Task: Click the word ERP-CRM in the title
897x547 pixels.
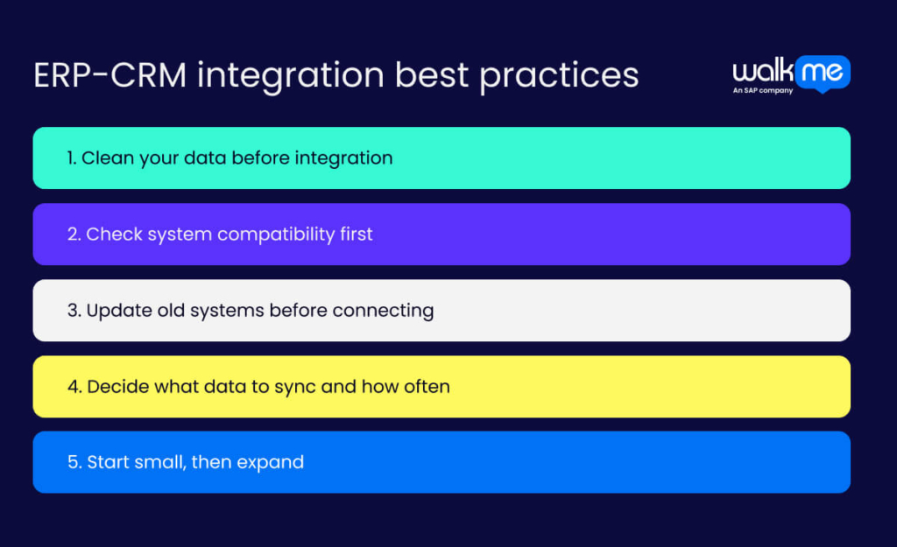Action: (109, 75)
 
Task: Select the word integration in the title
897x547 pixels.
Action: (291, 76)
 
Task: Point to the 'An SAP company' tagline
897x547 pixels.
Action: (762, 90)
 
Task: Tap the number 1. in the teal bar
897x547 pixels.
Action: (72, 158)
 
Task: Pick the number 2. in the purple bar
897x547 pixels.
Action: (74, 235)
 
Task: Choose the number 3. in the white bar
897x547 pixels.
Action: (74, 311)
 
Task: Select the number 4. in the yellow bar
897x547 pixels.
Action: (74, 387)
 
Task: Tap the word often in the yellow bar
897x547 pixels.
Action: (426, 387)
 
